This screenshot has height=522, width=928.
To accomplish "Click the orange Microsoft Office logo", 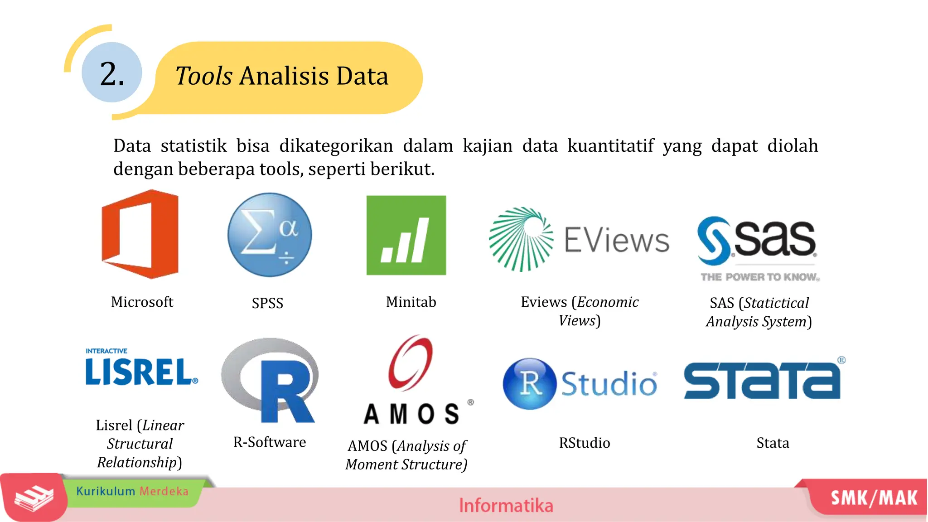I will [140, 234].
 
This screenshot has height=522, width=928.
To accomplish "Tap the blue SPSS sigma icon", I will [270, 235].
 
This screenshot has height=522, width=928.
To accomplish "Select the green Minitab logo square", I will [406, 235].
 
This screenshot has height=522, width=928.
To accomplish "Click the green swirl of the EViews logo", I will [521, 239].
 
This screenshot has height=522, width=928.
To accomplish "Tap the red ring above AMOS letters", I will [411, 362].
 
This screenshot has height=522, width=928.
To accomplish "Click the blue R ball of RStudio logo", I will [530, 384].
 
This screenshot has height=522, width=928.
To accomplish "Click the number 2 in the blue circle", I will [111, 73].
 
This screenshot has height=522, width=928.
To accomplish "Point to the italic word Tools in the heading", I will [204, 76].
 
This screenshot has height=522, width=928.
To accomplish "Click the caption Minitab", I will [411, 302].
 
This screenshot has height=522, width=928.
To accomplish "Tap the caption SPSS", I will [267, 303].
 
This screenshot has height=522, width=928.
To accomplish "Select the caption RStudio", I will [584, 443].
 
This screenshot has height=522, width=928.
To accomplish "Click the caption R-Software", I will [270, 442].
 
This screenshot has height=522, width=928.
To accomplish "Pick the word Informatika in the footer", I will [506, 505].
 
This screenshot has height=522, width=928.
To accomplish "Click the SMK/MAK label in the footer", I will [874, 498].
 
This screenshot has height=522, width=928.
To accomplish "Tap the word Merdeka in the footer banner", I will [164, 491].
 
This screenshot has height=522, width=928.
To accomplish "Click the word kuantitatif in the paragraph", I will [610, 146].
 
